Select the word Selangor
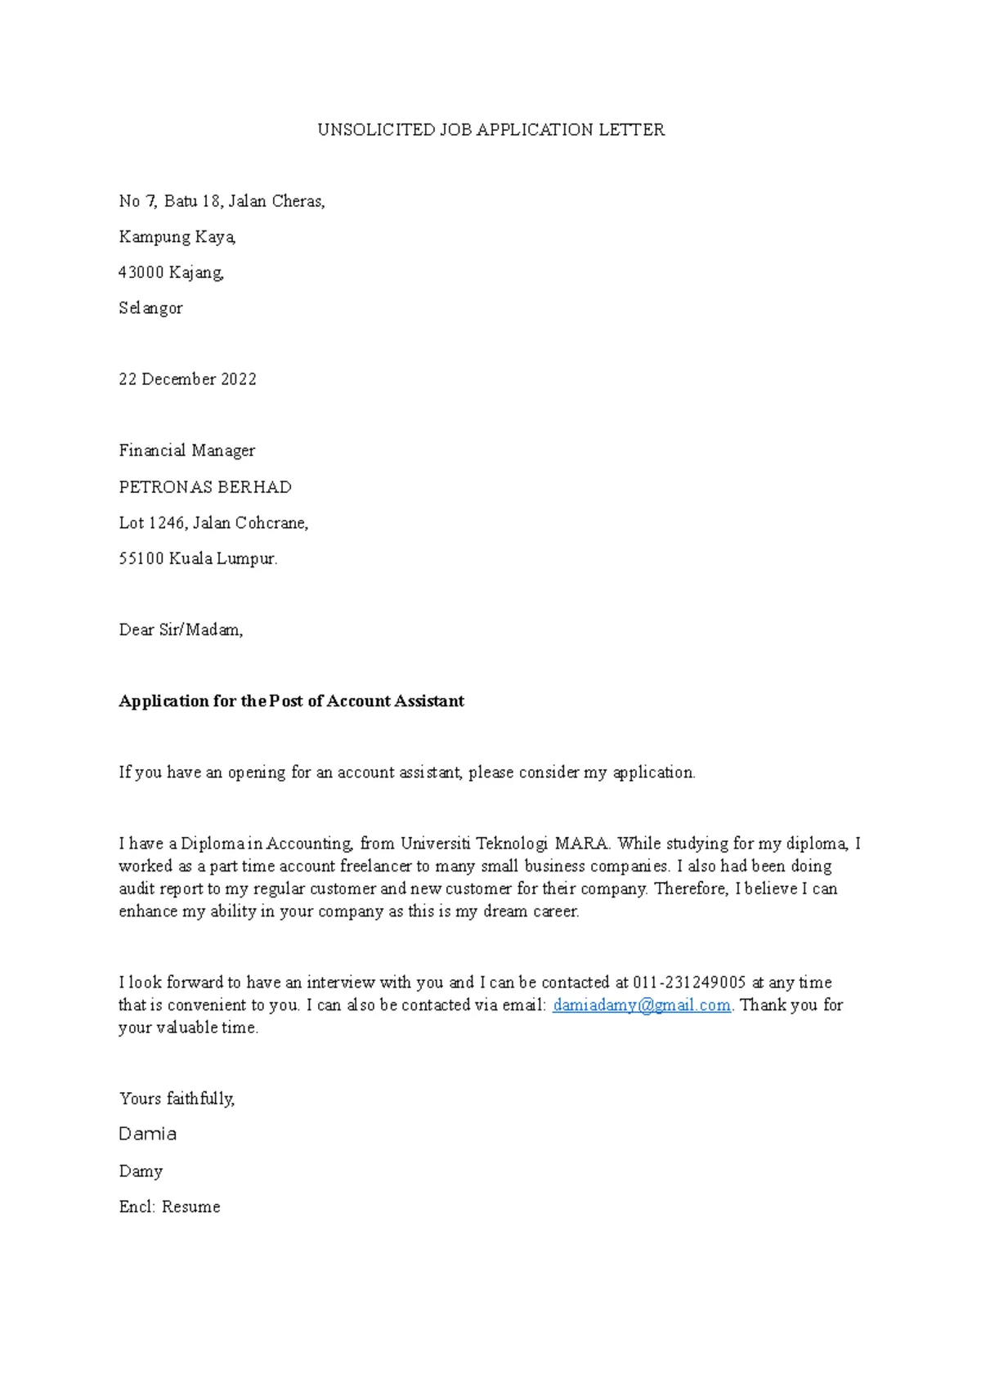click(x=150, y=308)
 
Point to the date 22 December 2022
click(x=187, y=379)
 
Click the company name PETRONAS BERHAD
click(x=205, y=487)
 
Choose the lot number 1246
click(x=167, y=523)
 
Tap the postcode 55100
click(x=141, y=559)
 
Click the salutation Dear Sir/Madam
click(x=181, y=630)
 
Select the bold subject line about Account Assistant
click(x=291, y=701)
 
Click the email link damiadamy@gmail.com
click(x=642, y=1005)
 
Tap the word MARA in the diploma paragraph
click(x=582, y=844)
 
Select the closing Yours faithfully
click(x=177, y=1099)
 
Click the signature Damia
click(x=148, y=1135)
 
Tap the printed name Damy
click(x=141, y=1171)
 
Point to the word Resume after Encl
click(x=190, y=1207)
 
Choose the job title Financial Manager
click(x=187, y=451)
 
